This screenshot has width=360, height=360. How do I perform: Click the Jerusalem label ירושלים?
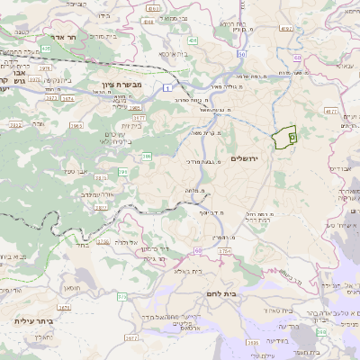coord(244,158)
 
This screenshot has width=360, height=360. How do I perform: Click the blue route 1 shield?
coord(167,87)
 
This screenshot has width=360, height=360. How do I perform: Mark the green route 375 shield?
coord(122,296)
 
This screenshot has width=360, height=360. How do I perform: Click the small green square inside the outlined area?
coord(292,136)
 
